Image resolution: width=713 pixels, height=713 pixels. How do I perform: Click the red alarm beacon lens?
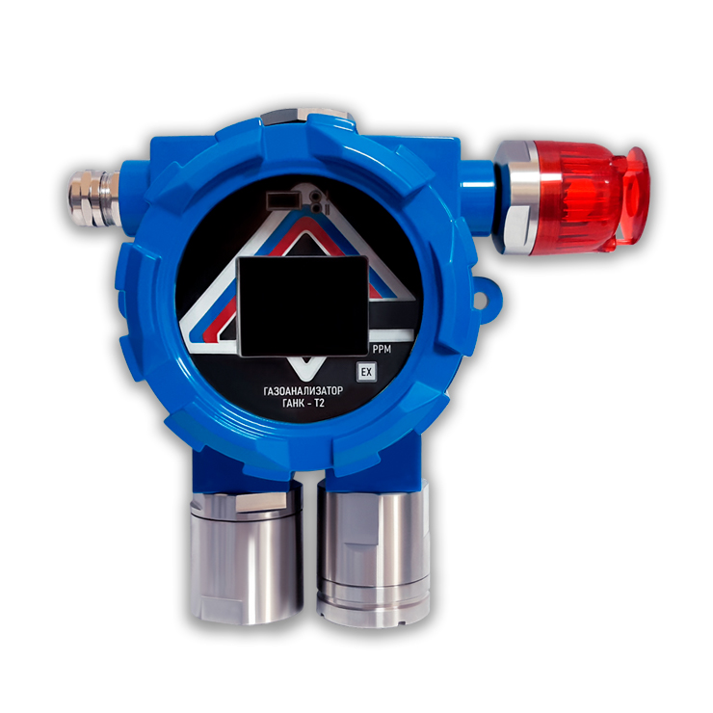(x=577, y=197)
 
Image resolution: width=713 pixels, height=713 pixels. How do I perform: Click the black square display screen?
(x=303, y=305)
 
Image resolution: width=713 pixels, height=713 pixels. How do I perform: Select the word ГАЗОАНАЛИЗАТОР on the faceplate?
(x=303, y=391)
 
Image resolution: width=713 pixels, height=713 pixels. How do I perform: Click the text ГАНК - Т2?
(x=304, y=403)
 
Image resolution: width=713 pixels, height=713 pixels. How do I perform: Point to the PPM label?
(x=382, y=349)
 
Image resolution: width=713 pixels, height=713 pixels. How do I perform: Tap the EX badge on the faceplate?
(x=366, y=373)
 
